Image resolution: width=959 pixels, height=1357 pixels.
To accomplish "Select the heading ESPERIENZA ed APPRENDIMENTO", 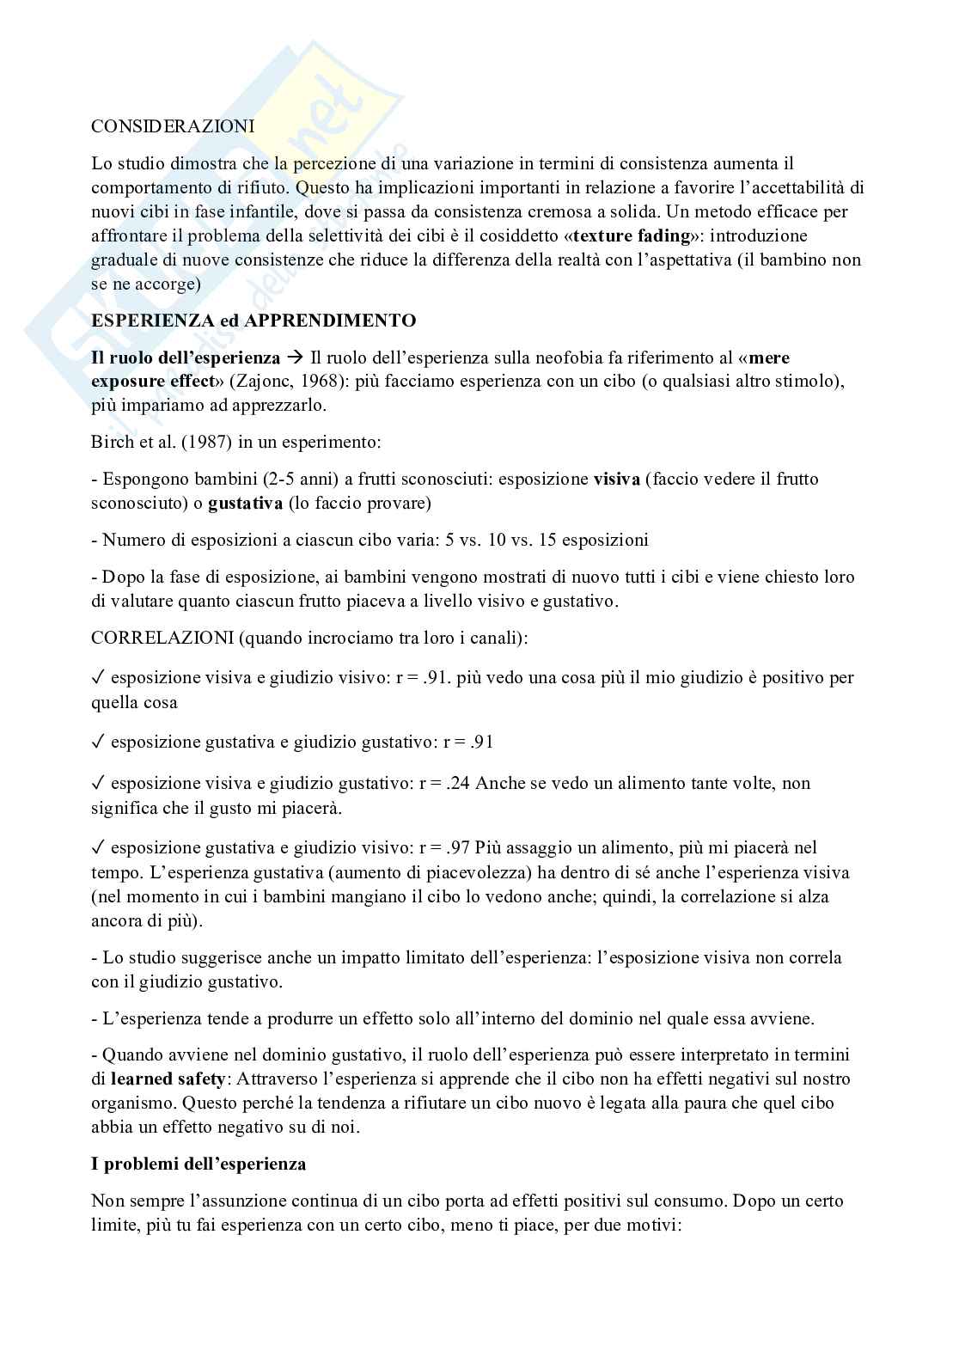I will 253,321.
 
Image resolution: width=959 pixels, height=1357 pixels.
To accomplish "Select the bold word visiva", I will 616,479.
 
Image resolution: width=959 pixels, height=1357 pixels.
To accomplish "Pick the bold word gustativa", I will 245,504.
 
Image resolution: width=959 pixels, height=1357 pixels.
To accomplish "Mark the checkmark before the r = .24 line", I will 98,783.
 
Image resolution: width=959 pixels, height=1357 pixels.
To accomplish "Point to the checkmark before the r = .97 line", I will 98,847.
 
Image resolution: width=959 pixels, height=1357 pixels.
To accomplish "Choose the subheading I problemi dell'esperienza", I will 199,1164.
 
